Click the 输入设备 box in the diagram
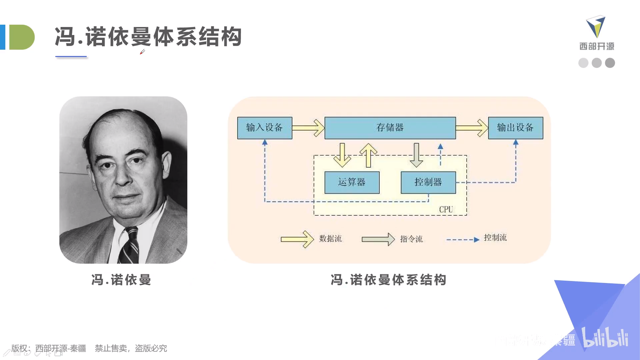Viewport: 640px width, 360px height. tap(265, 128)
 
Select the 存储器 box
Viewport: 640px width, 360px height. tap(390, 128)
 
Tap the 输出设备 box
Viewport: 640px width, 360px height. tap(515, 128)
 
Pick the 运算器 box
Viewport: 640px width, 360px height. tap(352, 182)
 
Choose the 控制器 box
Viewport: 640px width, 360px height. tap(428, 182)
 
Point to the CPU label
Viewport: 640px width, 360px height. tap(446, 209)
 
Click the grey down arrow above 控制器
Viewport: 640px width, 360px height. tap(416, 155)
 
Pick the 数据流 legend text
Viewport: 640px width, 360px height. tap(330, 239)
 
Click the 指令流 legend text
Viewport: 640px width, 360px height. tap(411, 239)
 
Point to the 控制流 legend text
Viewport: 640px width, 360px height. tap(495, 238)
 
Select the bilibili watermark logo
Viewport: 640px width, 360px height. tap(605, 338)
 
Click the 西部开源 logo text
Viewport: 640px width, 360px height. tap(597, 46)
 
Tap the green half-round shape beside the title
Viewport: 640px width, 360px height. tap(21, 37)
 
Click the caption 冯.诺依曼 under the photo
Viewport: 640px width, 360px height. tap(121, 280)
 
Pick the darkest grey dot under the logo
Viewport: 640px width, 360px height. tap(610, 63)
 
